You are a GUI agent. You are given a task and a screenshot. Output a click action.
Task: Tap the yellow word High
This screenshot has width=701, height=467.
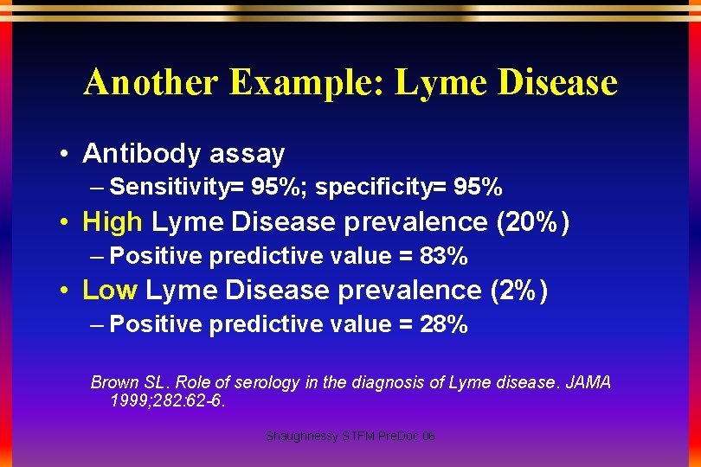pyautogui.click(x=112, y=222)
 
